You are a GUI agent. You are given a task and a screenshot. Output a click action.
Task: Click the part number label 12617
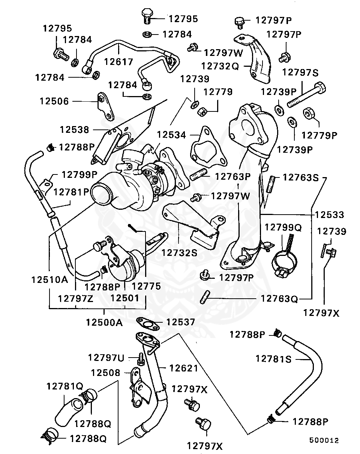[118, 62]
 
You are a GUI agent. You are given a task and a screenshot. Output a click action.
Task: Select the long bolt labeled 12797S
[306, 95]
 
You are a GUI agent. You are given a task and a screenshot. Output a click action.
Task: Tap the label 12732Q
[220, 66]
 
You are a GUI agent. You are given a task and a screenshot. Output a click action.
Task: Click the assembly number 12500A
[104, 322]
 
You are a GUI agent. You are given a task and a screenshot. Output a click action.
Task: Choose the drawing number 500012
[324, 440]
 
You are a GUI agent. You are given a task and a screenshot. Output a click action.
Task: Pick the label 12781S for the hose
[273, 359]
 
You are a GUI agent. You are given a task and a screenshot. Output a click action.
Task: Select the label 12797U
[106, 357]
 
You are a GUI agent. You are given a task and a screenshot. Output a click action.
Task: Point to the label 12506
[54, 101]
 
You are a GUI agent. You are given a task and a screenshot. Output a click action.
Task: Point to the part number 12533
[330, 215]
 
